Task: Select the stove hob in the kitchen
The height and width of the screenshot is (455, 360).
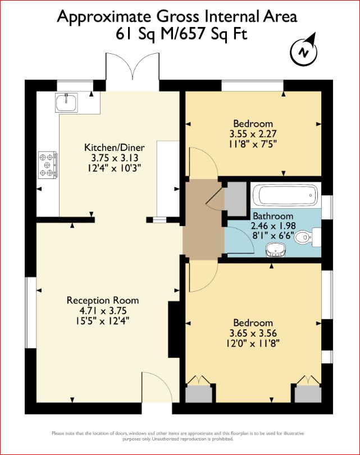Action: pos(47,166)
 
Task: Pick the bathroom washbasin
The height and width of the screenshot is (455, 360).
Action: pos(275,249)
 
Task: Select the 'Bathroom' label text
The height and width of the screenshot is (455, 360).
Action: pos(272,216)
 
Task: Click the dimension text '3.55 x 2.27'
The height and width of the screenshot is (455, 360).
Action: pos(253,134)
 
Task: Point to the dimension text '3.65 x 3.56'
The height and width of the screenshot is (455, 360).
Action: pos(253,333)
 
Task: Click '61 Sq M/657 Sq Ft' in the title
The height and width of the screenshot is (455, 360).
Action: pos(180,34)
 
